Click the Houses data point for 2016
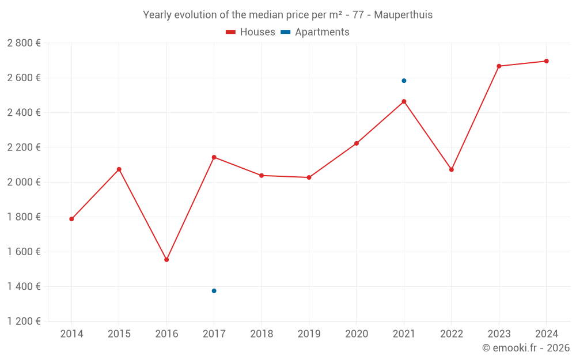(166, 260)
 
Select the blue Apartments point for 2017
(214, 291)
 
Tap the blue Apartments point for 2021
(404, 81)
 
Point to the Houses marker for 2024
(546, 61)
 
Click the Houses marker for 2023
(499, 66)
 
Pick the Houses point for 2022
(452, 169)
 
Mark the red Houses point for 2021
(404, 101)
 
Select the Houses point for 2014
(71, 219)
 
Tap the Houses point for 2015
(119, 169)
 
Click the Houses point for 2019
(309, 177)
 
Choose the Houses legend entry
(251, 32)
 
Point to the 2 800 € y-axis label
(24, 43)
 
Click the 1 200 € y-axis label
(24, 321)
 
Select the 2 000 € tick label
(24, 182)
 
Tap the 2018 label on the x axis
(262, 334)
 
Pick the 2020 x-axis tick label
(357, 334)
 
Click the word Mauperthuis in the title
(403, 15)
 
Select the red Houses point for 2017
(214, 157)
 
